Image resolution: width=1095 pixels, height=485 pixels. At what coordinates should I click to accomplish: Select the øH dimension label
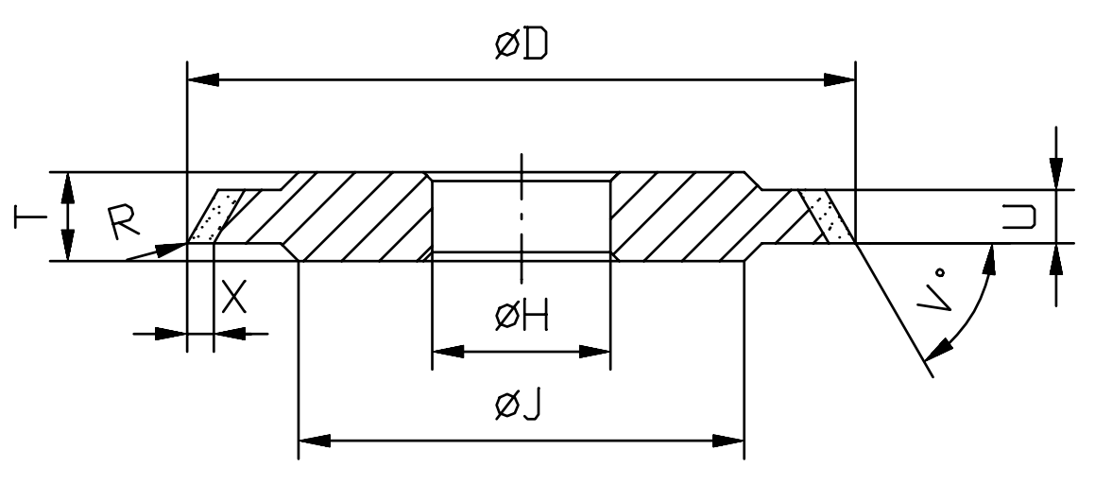[x=522, y=318]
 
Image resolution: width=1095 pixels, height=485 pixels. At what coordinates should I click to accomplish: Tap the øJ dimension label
[x=518, y=406]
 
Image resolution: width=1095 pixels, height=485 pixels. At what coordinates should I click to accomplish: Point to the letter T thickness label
[x=30, y=216]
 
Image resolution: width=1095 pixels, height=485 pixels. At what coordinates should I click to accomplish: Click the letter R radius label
[x=126, y=222]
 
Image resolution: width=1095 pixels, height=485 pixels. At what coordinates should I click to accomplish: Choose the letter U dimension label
[x=1018, y=216]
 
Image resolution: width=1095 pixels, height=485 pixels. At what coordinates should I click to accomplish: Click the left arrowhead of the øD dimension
[x=203, y=79]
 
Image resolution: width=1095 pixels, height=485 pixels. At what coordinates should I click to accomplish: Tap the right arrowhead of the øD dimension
[x=839, y=79]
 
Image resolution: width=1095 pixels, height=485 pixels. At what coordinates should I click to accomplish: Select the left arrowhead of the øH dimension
[x=449, y=351]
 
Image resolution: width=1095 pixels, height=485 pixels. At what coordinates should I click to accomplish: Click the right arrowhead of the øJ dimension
[x=727, y=441]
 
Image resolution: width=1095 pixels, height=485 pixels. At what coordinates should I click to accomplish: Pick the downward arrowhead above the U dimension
[x=1056, y=173]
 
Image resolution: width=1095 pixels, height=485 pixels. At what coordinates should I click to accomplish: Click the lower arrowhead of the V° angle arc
[x=938, y=349]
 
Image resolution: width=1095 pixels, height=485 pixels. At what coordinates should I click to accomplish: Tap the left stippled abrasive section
[x=215, y=216]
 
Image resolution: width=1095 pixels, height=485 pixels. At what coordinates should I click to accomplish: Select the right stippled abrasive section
[x=828, y=216]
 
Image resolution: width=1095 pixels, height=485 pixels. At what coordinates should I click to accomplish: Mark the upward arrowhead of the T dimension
[x=68, y=188]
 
